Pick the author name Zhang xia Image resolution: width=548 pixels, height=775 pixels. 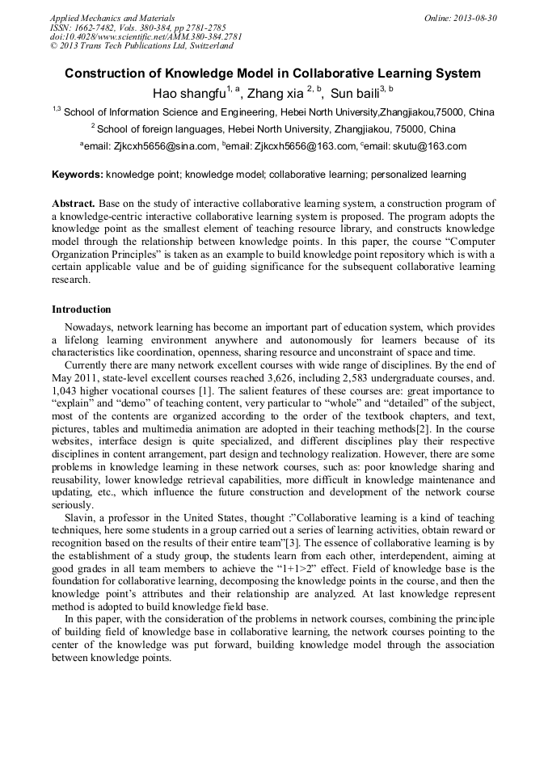click(276, 93)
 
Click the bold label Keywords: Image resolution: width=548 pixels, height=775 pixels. click(78, 175)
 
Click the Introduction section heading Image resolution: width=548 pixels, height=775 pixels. click(82, 310)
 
